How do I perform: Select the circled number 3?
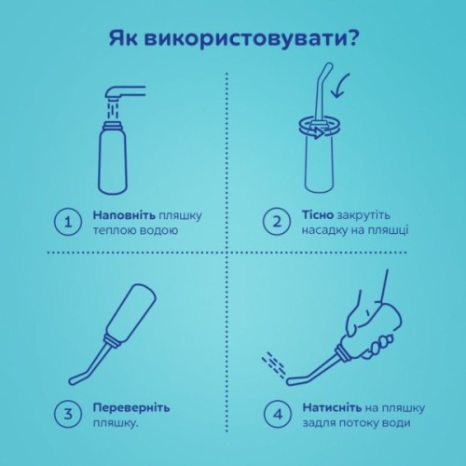[66, 414]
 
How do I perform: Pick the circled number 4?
[278, 413]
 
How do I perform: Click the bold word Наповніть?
[123, 214]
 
